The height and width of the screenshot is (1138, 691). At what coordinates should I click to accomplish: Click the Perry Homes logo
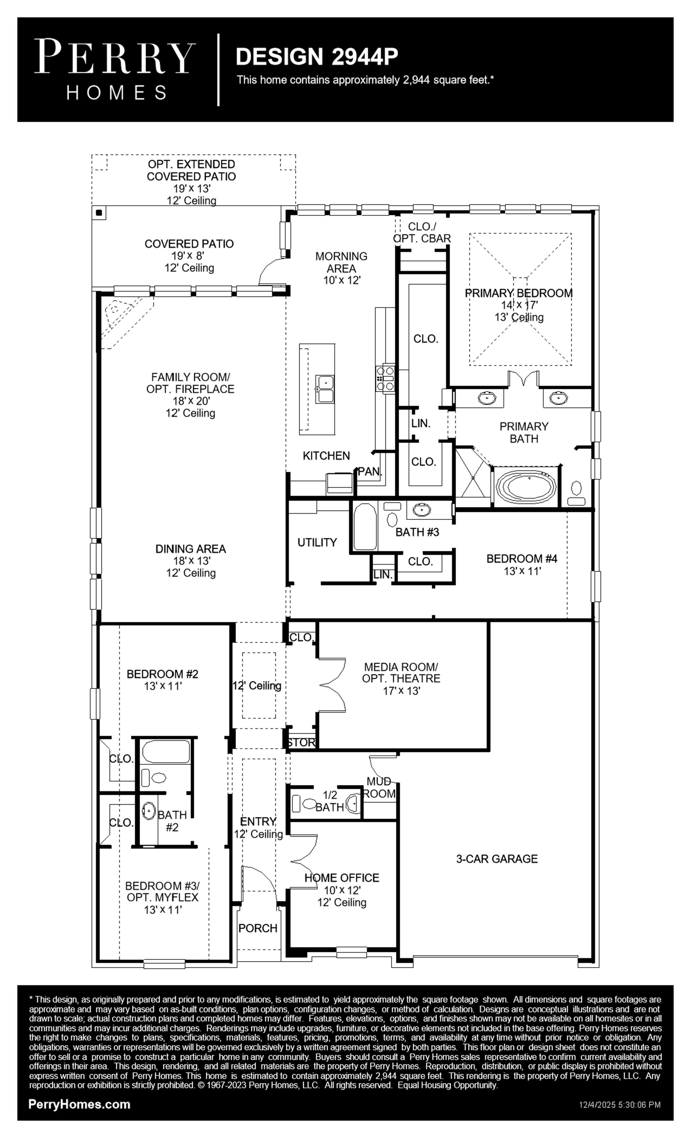pos(115,69)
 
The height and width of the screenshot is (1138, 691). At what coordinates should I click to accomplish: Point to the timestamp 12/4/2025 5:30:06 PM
pos(620,1105)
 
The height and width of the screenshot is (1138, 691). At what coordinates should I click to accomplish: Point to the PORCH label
pos(258,928)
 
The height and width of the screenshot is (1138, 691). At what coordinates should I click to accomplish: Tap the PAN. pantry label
pos(370,471)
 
